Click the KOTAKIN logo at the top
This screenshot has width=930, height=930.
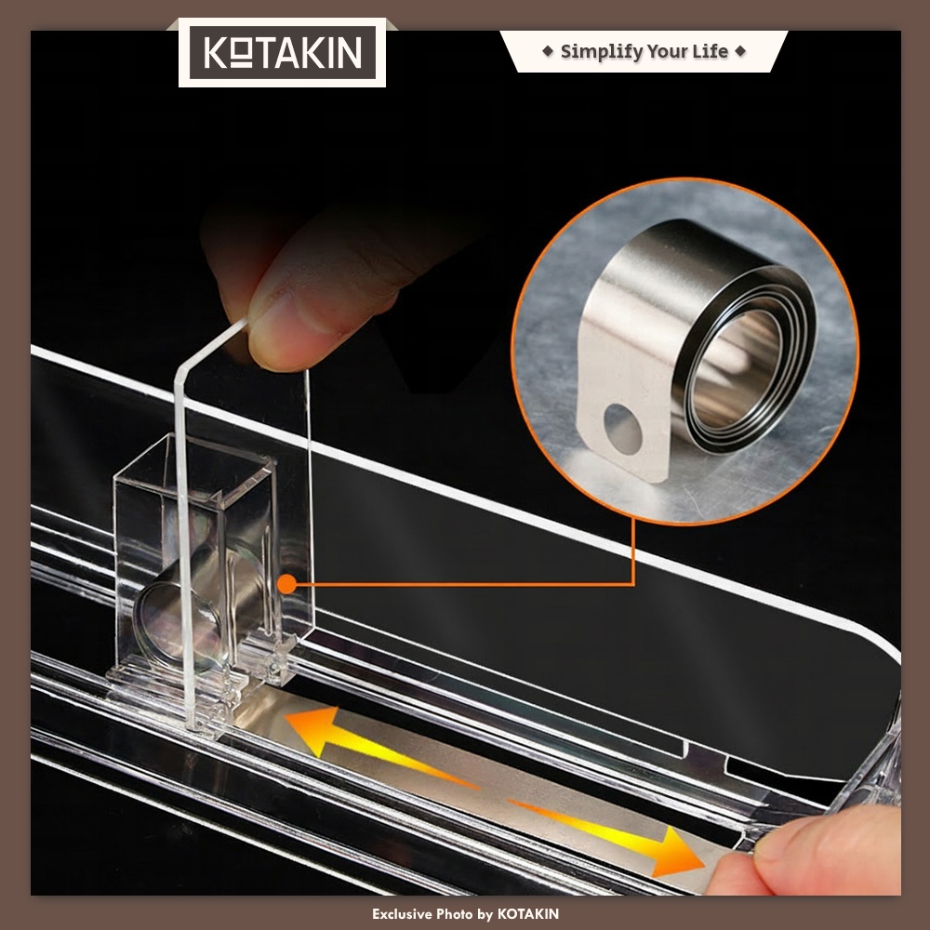[283, 52]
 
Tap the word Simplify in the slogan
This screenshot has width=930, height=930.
[600, 51]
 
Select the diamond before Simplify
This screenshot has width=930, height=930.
[548, 51]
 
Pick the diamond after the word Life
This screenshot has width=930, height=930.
[740, 51]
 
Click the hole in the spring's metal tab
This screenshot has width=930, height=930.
[622, 429]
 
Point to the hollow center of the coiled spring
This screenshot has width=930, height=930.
[737, 369]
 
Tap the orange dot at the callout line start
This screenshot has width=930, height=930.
[287, 584]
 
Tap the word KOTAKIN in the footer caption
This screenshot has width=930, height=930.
[528, 914]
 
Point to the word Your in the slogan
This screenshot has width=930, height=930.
[666, 52]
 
